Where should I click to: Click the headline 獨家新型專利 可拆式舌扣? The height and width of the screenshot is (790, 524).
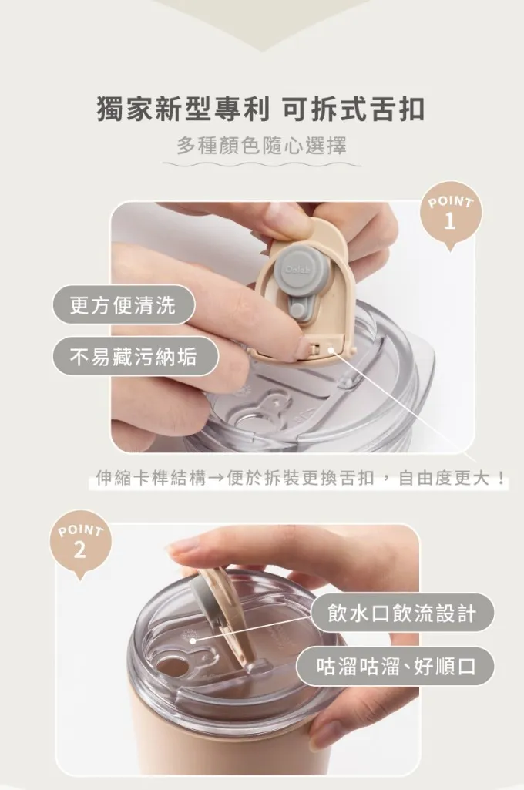coord(261,109)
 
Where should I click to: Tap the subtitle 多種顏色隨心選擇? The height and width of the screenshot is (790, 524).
coord(261,146)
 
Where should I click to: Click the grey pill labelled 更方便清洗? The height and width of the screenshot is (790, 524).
coord(123,304)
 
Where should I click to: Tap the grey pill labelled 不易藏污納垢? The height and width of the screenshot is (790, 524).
coord(135,357)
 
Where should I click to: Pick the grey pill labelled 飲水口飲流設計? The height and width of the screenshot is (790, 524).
coord(402,613)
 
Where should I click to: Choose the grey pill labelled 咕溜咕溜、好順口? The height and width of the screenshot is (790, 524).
coord(395,666)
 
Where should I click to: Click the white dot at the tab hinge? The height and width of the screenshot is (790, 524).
coord(331,348)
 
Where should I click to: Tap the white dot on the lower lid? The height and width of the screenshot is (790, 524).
coord(192,640)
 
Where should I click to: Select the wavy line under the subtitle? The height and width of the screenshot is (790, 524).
coord(261,164)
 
